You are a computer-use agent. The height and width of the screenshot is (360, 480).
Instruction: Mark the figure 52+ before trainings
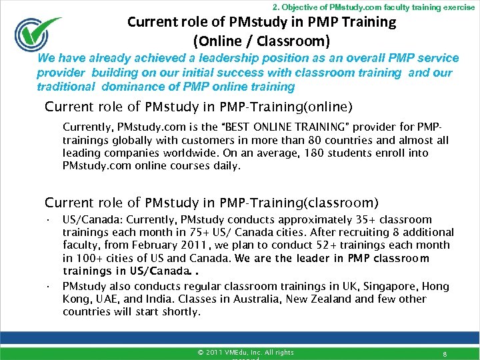point(325,245)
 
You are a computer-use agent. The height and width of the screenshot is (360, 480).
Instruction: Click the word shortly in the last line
point(181,312)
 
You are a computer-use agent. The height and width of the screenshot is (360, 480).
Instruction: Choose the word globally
point(134,140)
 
